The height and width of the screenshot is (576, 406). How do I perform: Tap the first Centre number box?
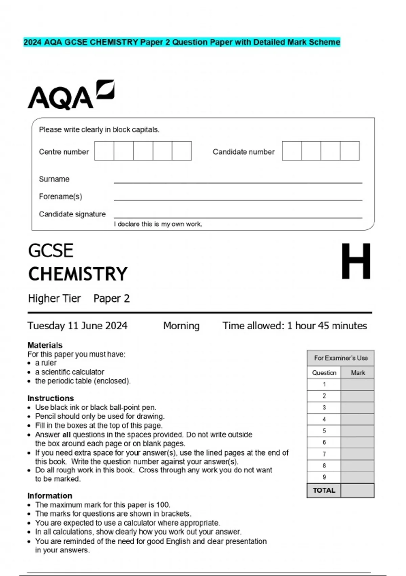[x=104, y=151]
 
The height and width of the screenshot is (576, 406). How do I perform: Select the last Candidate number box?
[x=350, y=151]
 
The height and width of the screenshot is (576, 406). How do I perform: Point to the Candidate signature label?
[x=72, y=214]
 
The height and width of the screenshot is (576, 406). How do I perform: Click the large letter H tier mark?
[x=356, y=261]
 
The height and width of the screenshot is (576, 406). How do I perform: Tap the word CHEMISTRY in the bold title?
[x=78, y=274]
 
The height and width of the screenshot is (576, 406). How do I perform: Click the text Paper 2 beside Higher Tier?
[x=111, y=299]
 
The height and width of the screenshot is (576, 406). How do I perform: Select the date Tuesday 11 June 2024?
[x=77, y=326]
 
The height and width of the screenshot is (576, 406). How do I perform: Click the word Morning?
[x=181, y=326]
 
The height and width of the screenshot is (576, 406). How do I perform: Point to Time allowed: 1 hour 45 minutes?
[x=294, y=326]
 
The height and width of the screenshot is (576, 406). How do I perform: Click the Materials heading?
[x=45, y=345]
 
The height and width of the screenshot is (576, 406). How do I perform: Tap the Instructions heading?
[x=50, y=398]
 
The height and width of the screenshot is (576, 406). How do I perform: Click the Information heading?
[x=50, y=496]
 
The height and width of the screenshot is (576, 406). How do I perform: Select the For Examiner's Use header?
[x=340, y=358]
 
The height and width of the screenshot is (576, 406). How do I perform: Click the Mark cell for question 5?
[x=357, y=431]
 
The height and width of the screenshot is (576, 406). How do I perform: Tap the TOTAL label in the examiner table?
[x=324, y=490]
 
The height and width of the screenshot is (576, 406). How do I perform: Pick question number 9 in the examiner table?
[x=324, y=477]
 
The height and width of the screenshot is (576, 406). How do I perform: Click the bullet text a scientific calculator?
[x=70, y=372]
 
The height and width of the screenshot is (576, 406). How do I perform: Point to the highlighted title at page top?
[x=182, y=42]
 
